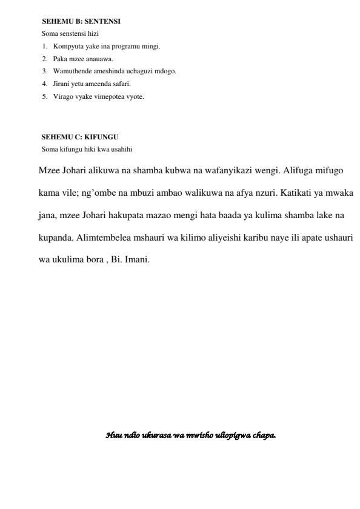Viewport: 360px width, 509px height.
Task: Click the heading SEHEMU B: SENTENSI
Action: tap(81, 21)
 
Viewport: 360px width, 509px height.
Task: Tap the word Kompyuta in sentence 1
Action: tap(66, 46)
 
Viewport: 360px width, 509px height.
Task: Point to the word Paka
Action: tap(60, 59)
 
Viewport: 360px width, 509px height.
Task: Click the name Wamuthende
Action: tap(70, 72)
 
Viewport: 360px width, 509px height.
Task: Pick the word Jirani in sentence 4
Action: tap(62, 84)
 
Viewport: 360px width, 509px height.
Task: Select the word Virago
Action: tap(62, 96)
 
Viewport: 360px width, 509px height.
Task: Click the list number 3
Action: tap(44, 72)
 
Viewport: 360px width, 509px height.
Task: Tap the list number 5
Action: tap(44, 96)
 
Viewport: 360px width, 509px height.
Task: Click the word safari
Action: tap(120, 84)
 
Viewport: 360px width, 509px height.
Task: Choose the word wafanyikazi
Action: tap(224, 171)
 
